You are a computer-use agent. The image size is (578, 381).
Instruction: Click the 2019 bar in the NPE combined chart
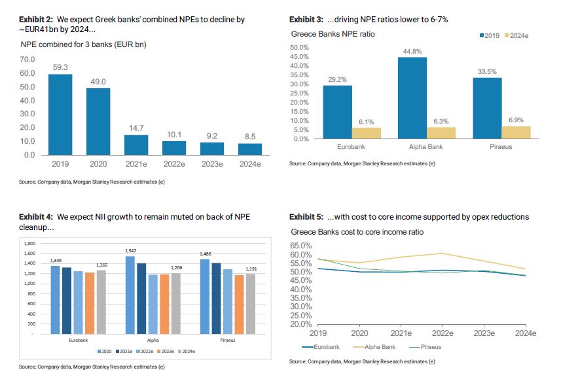(x=60, y=114)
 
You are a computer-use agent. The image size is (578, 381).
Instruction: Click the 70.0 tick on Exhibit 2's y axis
(x=27, y=59)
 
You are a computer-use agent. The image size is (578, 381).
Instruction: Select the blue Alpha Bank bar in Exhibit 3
(x=412, y=98)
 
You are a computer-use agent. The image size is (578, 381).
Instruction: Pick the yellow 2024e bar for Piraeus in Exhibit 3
(x=516, y=133)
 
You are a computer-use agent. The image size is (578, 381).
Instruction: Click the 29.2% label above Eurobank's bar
(x=338, y=79)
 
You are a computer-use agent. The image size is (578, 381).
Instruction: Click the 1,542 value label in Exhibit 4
(x=132, y=251)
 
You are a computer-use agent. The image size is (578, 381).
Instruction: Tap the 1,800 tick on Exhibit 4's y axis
(x=29, y=242)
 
